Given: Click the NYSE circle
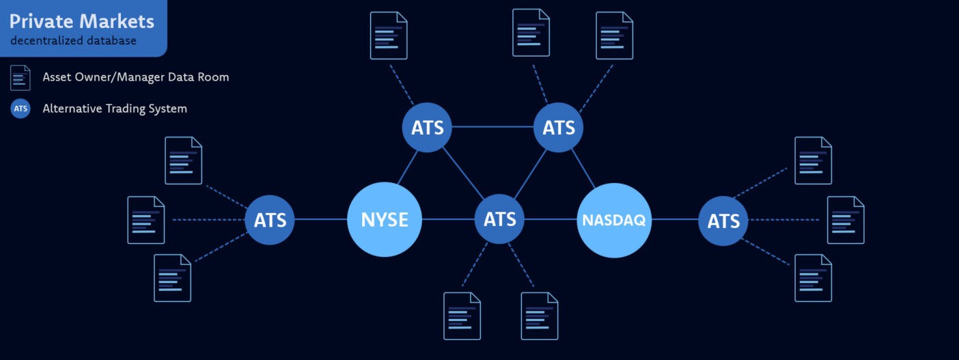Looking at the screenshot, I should [385, 219].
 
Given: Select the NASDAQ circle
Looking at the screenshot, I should [613, 220].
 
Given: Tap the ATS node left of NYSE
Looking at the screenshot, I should [270, 220].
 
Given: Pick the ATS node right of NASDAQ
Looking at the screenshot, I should [723, 221].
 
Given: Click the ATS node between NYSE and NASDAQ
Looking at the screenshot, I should [499, 219].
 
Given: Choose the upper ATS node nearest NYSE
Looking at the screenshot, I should [427, 127].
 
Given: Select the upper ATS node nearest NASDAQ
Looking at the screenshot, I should [558, 127].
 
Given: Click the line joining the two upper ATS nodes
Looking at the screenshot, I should [492, 127].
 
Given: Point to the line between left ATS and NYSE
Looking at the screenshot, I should [320, 219].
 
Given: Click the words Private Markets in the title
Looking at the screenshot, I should [81, 21].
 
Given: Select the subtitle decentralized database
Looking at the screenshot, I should [73, 41].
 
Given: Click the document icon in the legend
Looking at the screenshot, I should [20, 78].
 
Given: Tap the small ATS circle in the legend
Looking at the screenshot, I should [20, 109].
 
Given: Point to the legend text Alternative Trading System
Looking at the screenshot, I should [115, 109].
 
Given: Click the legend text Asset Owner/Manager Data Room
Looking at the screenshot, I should [136, 77].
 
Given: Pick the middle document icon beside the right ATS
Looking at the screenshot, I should [846, 220].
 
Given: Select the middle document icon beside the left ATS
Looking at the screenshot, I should [146, 220].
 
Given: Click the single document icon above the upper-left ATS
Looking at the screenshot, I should [389, 36].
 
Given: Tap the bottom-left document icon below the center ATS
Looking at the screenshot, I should [462, 316].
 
